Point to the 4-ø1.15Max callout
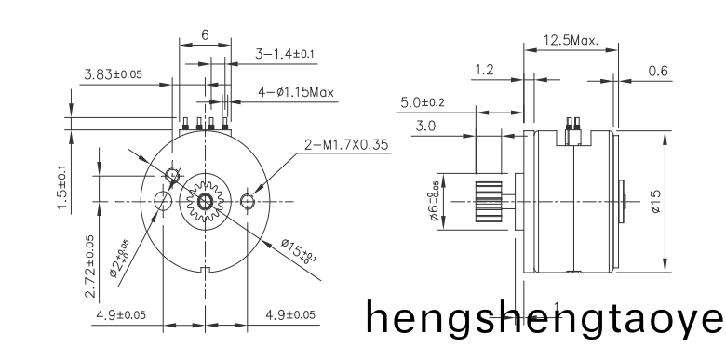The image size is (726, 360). (296, 92)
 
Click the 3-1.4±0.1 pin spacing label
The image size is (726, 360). (286, 55)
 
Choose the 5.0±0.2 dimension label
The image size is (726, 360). (423, 102)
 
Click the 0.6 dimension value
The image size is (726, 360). (657, 71)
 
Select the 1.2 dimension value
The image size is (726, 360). (484, 71)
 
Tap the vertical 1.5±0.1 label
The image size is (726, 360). (61, 189)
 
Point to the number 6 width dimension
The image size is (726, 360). (204, 34)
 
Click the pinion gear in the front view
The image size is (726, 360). (204, 202)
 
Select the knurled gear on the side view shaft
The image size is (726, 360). (490, 202)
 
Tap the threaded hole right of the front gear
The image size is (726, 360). (248, 202)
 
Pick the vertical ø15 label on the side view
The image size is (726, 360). (657, 200)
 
